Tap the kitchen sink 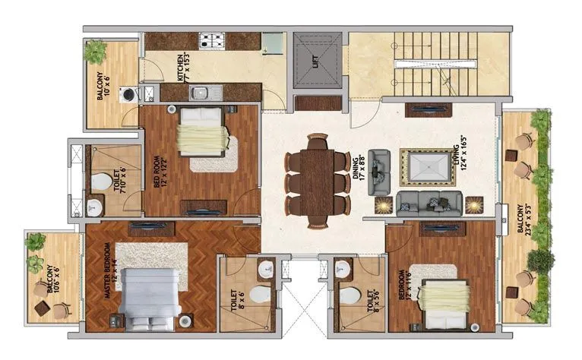[200, 93]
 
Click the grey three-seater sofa [429, 201]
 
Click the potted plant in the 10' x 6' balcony [96, 52]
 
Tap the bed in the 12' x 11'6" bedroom [439, 299]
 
